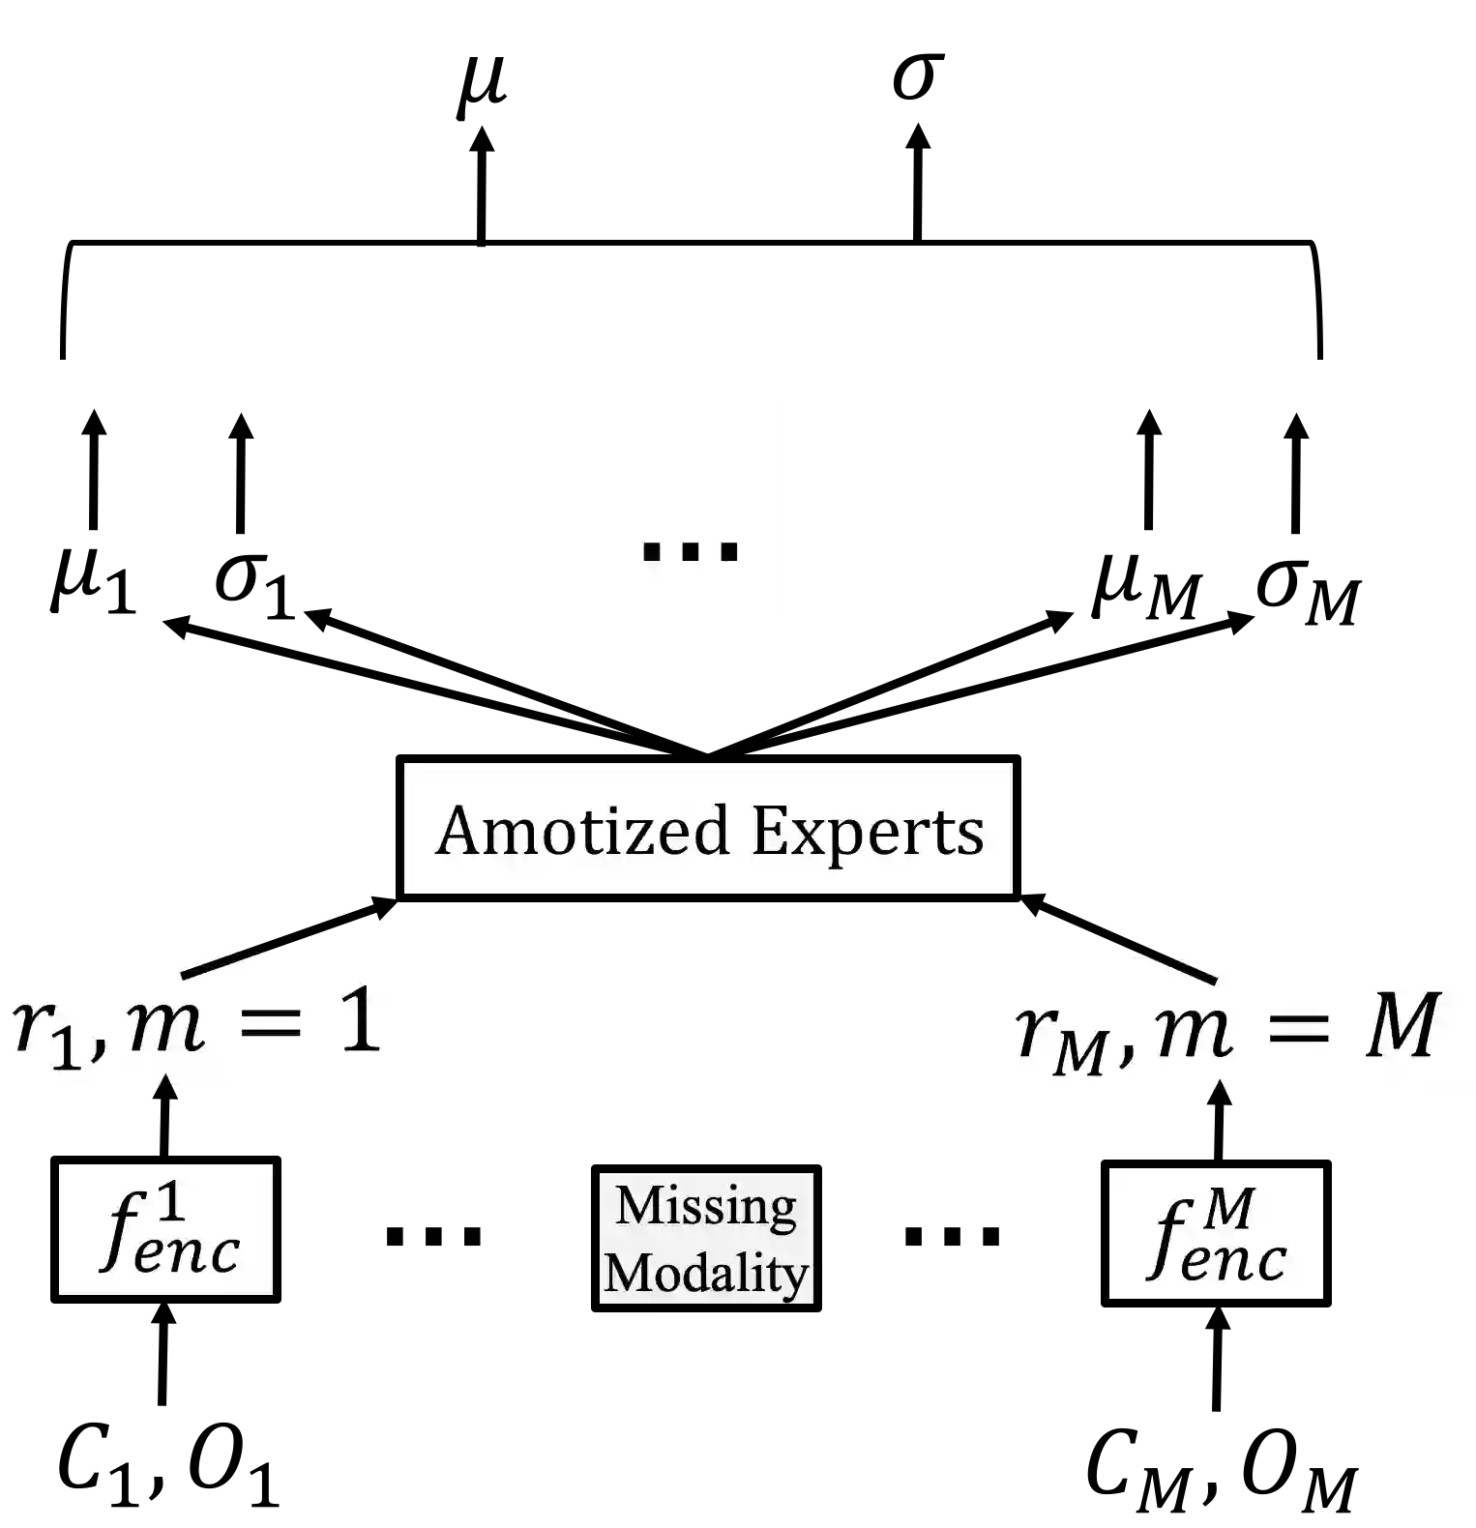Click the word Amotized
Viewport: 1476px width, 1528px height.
pos(581,831)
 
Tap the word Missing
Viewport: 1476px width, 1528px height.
pos(706,1206)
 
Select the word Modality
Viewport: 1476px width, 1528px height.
pos(706,1273)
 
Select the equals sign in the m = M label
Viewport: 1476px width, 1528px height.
pos(1298,1026)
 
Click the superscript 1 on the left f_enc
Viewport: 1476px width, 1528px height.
pos(171,1206)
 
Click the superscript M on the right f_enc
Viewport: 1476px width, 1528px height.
pos(1229,1208)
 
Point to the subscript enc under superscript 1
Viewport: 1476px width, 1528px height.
pos(188,1252)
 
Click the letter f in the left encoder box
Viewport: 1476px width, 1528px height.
pos(118,1232)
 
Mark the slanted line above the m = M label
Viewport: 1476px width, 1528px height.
pos(1177,966)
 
